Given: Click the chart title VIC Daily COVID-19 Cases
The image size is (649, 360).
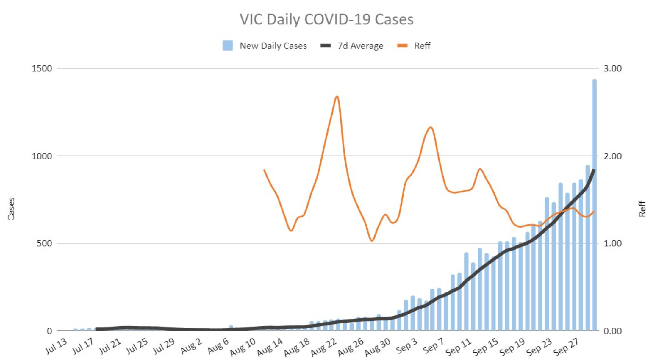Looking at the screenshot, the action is coord(326,19).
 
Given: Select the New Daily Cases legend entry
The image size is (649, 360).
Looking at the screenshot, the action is coord(265,46).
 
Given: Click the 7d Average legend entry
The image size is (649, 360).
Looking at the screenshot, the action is coord(352,46).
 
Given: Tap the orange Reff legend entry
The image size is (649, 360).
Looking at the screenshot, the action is coord(414,46).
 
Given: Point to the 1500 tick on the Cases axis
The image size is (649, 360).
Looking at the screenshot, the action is coord(42,68).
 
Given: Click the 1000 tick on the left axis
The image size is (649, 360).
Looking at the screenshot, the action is coord(42,156).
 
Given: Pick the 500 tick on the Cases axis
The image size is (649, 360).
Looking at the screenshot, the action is coord(44,243).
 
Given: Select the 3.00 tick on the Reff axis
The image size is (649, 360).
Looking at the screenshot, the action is coord(613,68).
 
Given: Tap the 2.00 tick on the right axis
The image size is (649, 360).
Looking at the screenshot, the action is coord(613,156).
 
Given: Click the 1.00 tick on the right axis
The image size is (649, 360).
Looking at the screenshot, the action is coord(613,243).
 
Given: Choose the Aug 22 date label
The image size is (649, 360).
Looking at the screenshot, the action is coord(323,347).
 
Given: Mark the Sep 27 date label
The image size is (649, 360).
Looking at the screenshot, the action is coord(566,347).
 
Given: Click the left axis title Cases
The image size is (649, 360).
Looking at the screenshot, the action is coord(11,209).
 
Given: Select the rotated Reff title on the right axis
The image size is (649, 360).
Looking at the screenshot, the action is coord(642,209).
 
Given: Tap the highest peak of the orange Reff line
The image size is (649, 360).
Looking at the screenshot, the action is coord(337,96).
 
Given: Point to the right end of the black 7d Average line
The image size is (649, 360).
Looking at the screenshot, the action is coord(594,170).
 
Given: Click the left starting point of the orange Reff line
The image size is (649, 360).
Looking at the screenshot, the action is coord(264,170).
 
